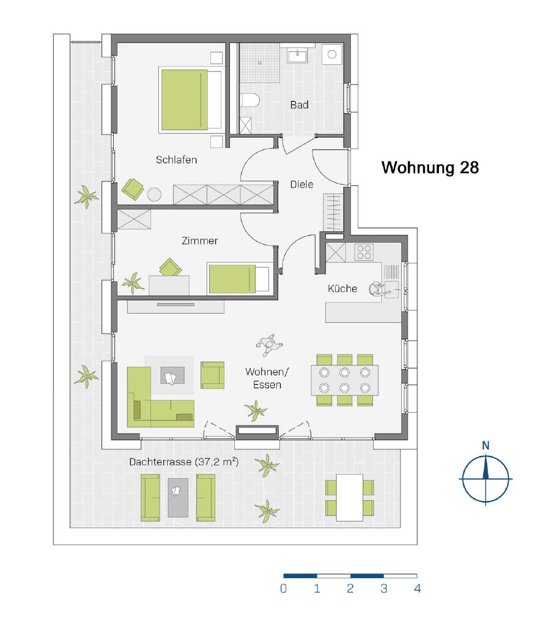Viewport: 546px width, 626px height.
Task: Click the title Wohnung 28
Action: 430,168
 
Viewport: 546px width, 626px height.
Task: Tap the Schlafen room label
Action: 176,160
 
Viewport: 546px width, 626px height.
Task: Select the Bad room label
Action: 299,105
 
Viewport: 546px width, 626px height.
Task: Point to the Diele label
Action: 301,185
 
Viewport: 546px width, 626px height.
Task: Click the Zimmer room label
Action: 200,241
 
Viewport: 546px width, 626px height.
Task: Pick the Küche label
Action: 342,289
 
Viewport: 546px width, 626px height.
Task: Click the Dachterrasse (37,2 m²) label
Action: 183,462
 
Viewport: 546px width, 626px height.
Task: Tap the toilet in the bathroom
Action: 251,100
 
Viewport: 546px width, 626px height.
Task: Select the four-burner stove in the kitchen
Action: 364,252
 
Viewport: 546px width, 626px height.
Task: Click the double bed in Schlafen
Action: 191,100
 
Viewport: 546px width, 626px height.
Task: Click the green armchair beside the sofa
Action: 213,375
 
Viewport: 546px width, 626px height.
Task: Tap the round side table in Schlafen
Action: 154,194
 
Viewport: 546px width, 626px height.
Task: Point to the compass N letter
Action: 485,445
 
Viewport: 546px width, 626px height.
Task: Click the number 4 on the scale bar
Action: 418,589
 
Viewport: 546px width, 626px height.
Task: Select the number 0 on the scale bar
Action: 284,589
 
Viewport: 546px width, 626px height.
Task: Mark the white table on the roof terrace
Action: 350,498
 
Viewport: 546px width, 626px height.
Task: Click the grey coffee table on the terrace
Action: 178,498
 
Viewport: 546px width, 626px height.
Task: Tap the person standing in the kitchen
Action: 377,289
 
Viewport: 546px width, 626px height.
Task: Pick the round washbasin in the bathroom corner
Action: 332,54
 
